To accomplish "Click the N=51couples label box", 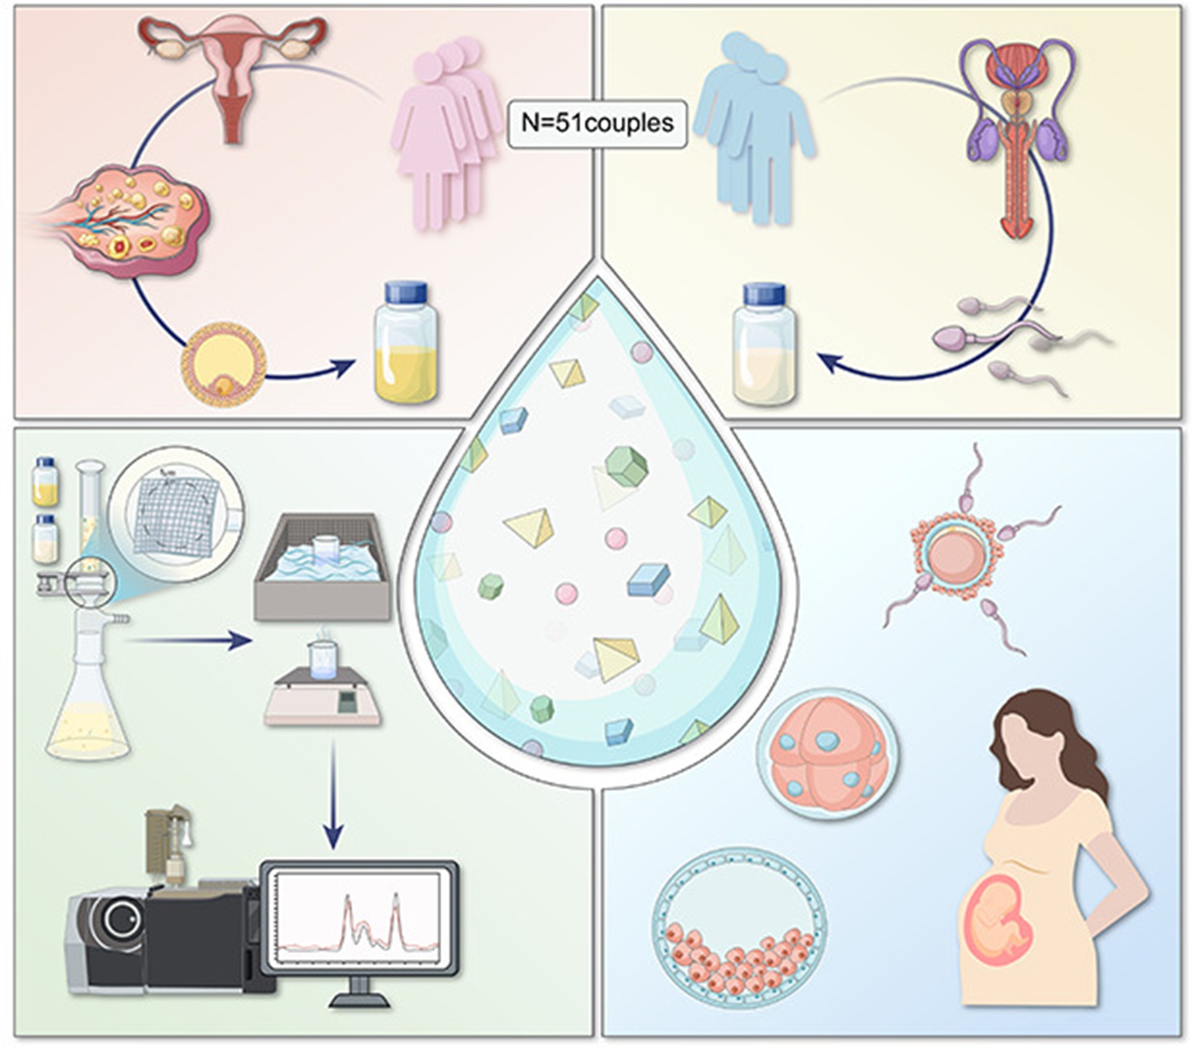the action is [x=597, y=124].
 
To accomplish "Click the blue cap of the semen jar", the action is [x=765, y=294].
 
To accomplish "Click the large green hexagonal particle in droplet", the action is [x=627, y=466].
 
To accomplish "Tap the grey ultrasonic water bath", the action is [x=322, y=566].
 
